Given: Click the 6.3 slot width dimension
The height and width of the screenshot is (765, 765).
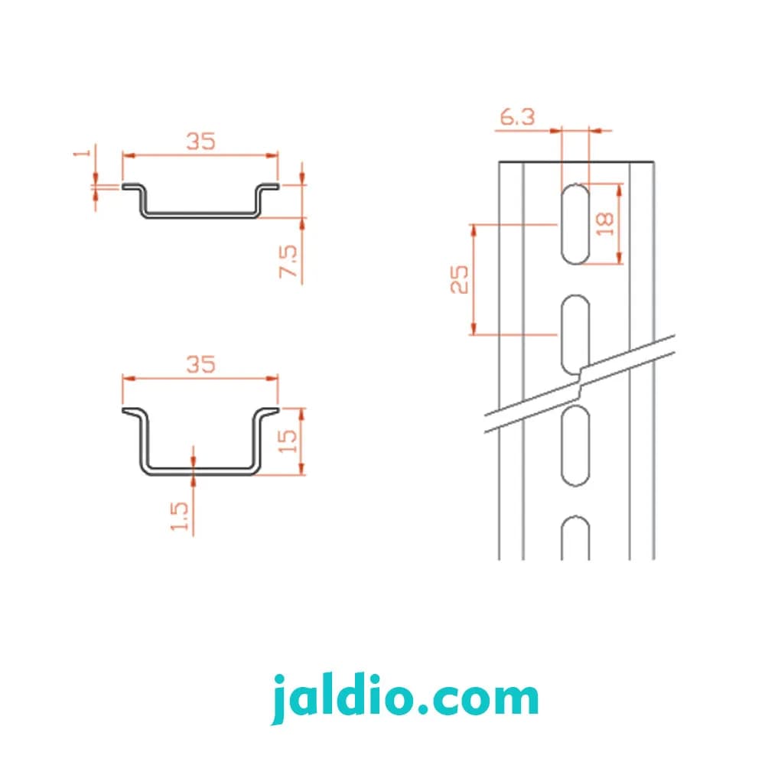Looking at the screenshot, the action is pos(517,117).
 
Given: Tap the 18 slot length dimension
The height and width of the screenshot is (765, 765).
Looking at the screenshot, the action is pos(605,224).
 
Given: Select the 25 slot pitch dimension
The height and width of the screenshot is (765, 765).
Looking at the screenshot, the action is pos(459,279).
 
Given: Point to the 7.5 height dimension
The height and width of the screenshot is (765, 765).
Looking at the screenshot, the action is pos(288,262).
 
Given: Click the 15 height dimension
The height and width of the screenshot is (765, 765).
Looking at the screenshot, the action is pos(288,441).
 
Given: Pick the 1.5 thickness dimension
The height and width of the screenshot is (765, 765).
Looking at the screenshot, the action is pos(179,516).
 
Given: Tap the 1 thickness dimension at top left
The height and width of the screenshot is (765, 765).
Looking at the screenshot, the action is pos(83,153).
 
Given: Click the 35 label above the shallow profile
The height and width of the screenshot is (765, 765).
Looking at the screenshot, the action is pos(200,142).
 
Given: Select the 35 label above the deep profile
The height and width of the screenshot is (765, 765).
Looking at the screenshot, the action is pos(200,364).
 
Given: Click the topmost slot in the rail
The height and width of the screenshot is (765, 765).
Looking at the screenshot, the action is pos(575,224).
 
